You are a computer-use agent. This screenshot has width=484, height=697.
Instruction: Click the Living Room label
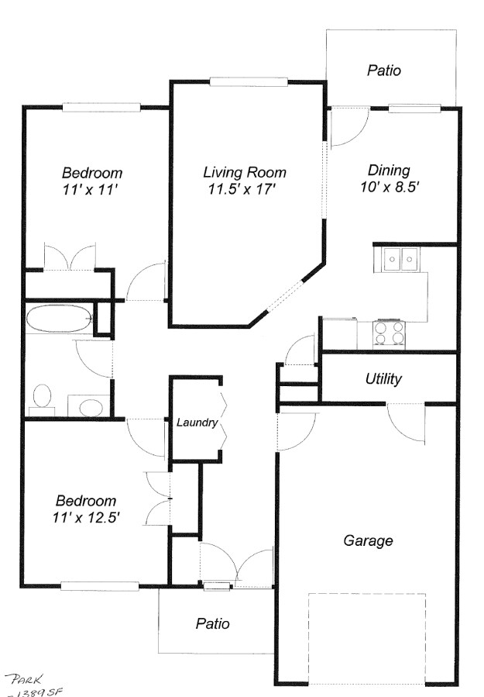(244, 172)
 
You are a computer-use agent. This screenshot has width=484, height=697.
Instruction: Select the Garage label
(368, 540)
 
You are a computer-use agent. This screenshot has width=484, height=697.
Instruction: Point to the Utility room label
(383, 379)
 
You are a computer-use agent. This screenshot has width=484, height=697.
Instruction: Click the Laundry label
(197, 423)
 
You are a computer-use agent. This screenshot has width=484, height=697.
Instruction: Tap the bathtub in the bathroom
(59, 319)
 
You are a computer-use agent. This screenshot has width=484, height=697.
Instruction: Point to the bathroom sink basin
(93, 406)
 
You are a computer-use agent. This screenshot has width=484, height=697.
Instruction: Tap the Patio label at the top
(383, 71)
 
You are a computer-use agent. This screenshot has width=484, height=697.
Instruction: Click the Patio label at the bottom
(212, 623)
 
